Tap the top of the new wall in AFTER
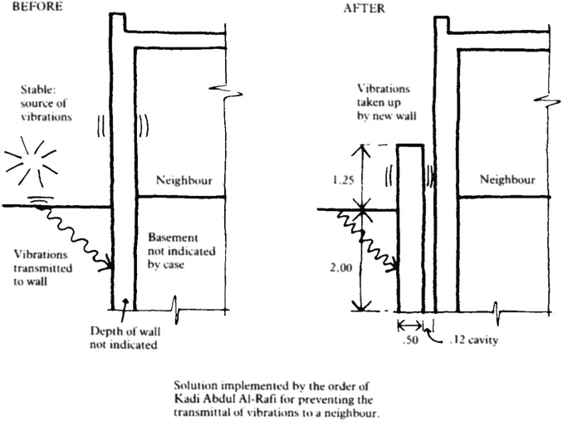(410, 146)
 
